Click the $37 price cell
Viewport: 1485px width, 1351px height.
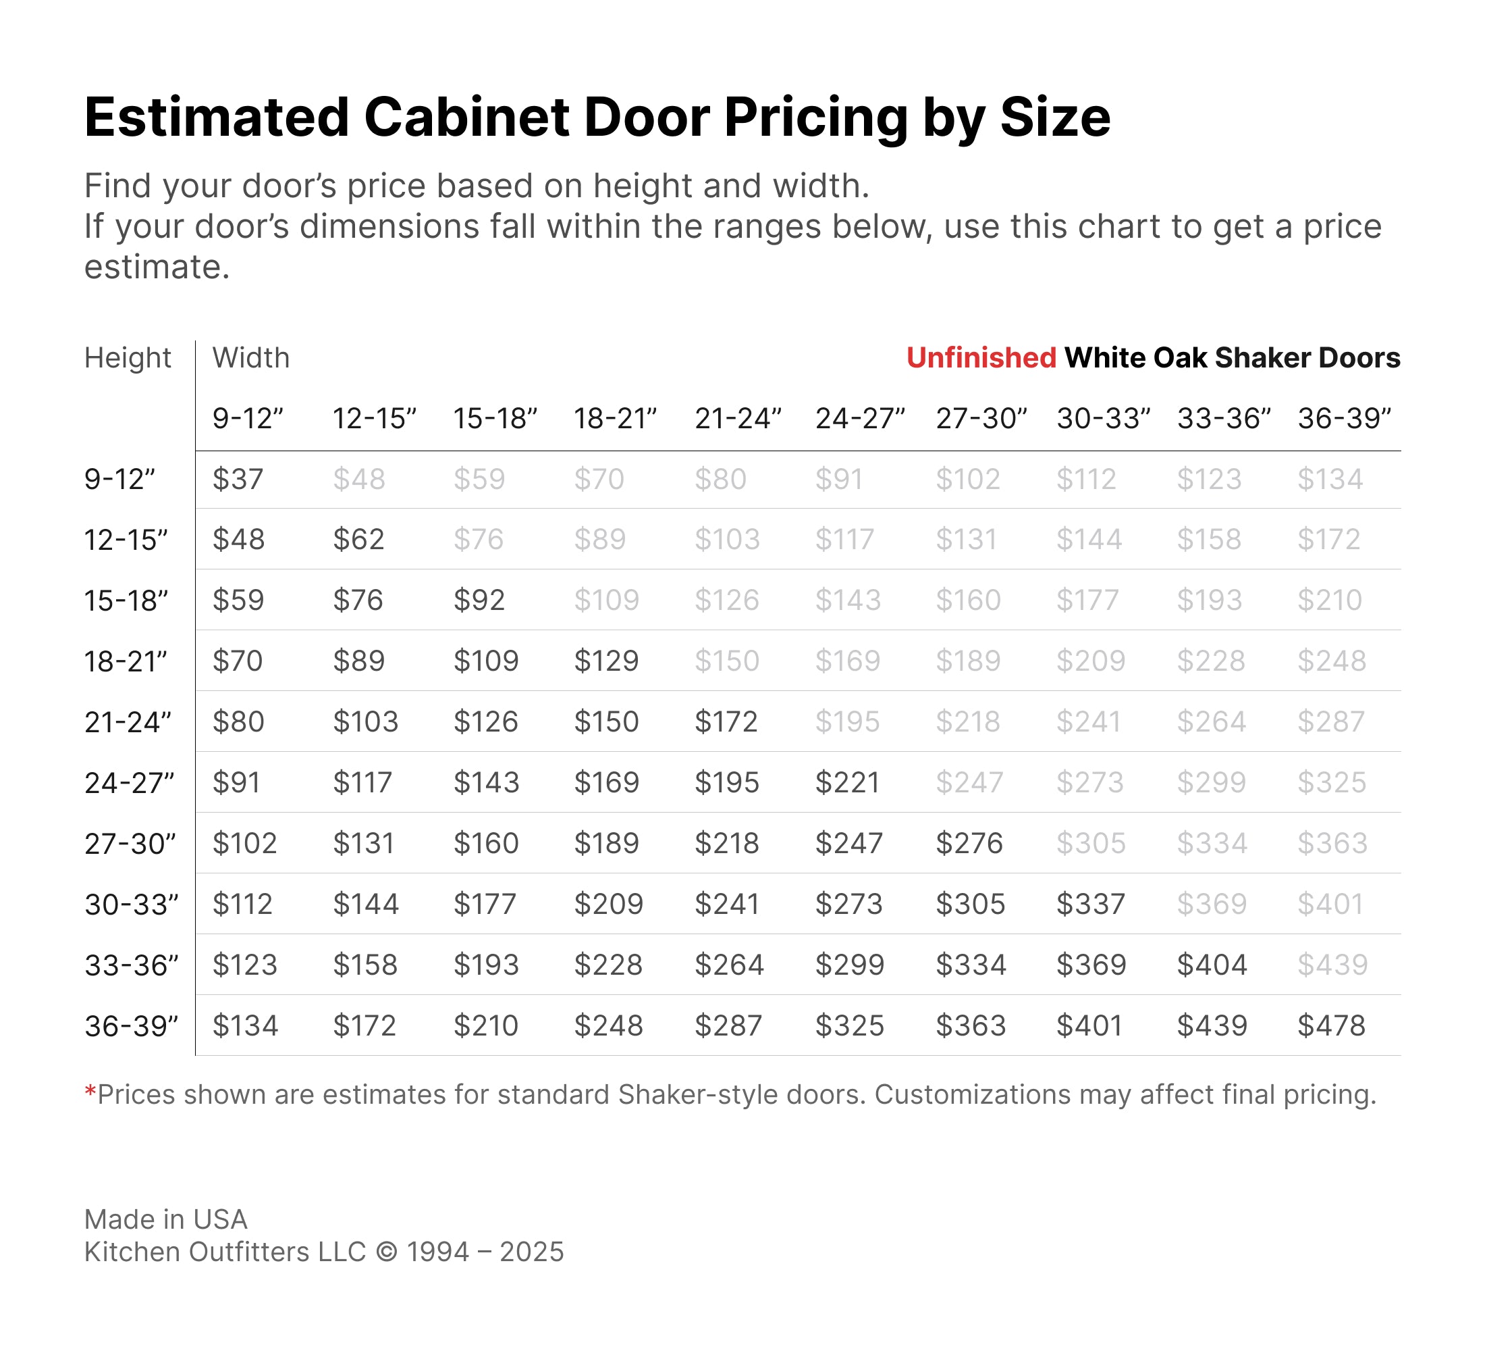[x=237, y=480]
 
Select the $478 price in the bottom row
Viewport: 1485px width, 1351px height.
[x=1331, y=1026]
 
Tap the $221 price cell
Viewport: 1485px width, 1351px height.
[x=847, y=783]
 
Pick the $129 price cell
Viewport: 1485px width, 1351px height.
[x=606, y=661]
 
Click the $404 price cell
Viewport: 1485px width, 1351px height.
[x=1212, y=965]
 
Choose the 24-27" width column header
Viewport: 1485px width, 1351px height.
[x=860, y=419]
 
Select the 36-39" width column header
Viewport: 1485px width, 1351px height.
[x=1345, y=419]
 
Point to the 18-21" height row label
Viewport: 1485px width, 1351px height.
[x=126, y=662]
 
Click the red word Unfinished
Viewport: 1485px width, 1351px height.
[x=981, y=358]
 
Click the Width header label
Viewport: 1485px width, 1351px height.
[x=251, y=358]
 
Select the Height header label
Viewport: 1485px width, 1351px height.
[x=128, y=358]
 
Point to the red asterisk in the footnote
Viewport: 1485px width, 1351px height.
[x=90, y=1092]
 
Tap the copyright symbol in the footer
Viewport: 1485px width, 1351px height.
[x=386, y=1252]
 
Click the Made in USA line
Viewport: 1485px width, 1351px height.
[x=166, y=1220]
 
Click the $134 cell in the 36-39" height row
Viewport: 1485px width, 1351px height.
[x=245, y=1026]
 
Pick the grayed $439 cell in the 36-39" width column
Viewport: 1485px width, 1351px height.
[x=1332, y=965]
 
